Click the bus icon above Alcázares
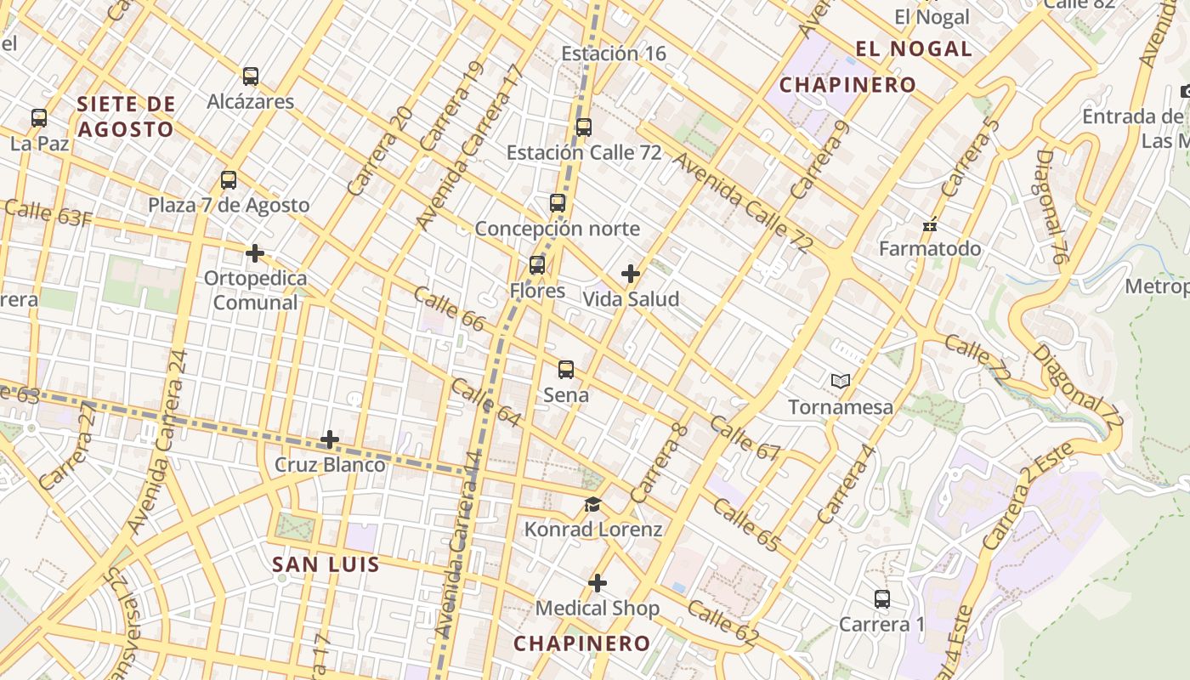[251, 76]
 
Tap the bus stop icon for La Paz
[39, 118]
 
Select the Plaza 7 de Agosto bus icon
[229, 180]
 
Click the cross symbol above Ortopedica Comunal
[254, 253]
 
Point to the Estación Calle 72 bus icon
[584, 127]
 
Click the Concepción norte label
[557, 229]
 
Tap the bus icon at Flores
[537, 265]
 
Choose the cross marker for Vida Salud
[631, 274]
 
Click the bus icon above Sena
[566, 370]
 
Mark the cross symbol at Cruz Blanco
[330, 439]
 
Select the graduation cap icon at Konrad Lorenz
[592, 505]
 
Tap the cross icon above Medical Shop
[598, 583]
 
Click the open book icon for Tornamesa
[841, 382]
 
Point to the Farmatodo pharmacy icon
[930, 224]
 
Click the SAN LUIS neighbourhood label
[326, 564]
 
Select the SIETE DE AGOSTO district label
[126, 117]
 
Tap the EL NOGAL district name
[914, 49]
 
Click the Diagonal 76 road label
[1051, 207]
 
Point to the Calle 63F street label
[48, 212]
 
